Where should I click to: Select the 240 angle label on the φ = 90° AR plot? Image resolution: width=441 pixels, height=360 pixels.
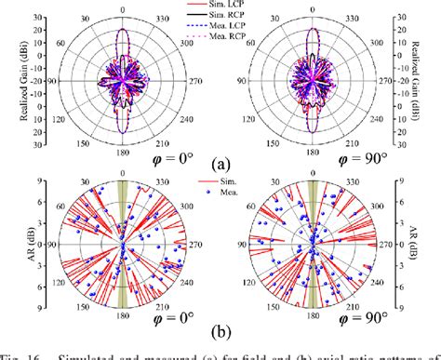[384, 289]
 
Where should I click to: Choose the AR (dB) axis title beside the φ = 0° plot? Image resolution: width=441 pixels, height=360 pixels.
[8, 244]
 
